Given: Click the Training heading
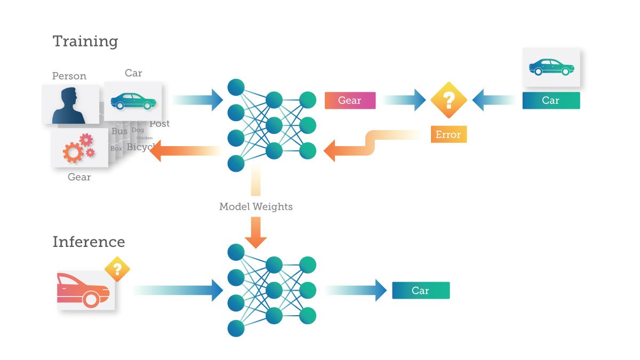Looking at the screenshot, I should (85, 42).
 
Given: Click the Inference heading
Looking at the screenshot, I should (89, 242).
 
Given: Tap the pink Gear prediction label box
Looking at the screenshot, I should (350, 100).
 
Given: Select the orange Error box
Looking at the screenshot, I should (448, 134).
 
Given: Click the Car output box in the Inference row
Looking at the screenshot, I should (420, 291).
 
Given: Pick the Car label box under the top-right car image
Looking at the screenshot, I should (550, 100).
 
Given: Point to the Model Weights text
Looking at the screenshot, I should (255, 206).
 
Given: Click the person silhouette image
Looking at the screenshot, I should (70, 105).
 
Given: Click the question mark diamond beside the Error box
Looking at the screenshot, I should (449, 100).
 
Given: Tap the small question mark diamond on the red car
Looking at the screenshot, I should (117, 269).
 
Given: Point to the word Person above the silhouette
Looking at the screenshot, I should (69, 76).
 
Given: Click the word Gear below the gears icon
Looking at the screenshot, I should (79, 177).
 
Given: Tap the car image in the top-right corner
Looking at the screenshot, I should (551, 68).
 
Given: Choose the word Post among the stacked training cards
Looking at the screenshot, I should (159, 124).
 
